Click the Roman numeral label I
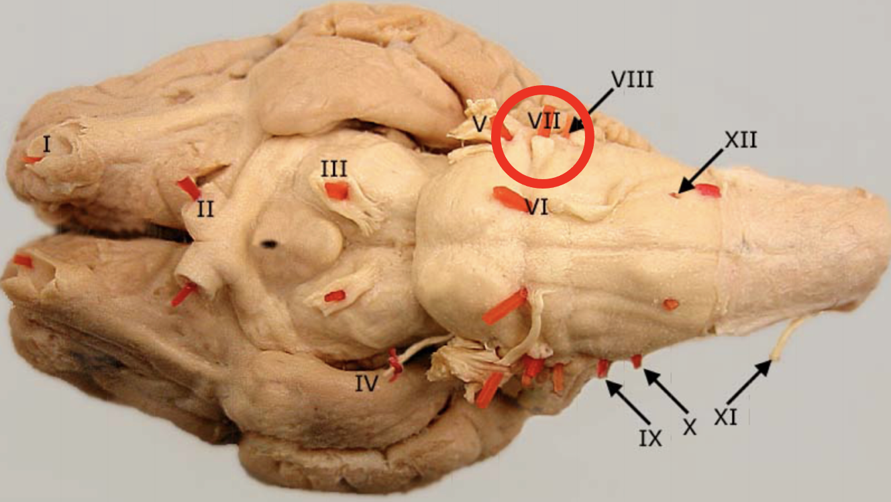pos(46,144)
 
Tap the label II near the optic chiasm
pos(205,209)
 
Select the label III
pos(333,168)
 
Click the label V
pos(479,123)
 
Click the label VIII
pos(631,81)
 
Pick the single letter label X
pos(689,428)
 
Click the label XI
pos(725,417)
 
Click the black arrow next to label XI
pos(749,382)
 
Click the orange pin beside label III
pos(336,191)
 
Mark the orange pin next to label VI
pos(510,199)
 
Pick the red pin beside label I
pos(32,160)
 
